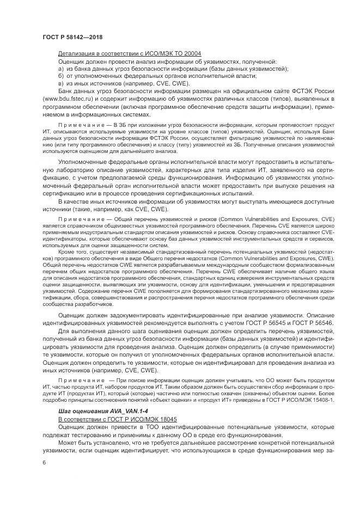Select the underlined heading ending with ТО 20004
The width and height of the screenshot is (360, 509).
coord(130,54)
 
